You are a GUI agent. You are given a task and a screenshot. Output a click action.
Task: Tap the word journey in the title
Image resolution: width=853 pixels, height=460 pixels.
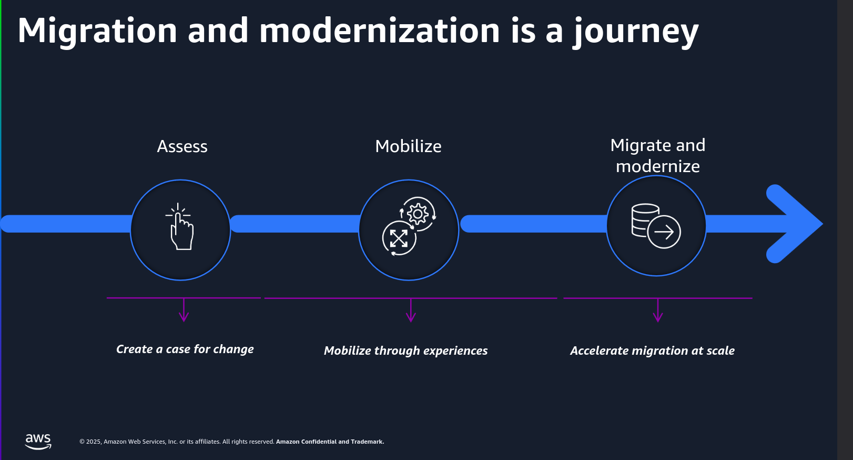click(x=636, y=33)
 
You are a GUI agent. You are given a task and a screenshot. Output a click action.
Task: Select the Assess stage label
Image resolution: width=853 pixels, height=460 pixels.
click(x=182, y=147)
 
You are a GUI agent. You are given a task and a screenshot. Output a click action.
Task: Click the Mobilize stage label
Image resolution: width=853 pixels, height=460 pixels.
click(x=408, y=146)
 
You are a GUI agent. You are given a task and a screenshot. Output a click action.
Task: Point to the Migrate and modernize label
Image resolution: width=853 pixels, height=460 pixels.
click(x=658, y=156)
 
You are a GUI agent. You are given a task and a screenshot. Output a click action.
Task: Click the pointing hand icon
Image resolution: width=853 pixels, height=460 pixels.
click(x=180, y=226)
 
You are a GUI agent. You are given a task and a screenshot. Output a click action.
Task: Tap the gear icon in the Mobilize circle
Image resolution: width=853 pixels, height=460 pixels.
click(x=418, y=214)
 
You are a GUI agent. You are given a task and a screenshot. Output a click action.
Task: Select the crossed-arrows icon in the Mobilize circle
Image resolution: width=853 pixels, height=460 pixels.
click(x=399, y=238)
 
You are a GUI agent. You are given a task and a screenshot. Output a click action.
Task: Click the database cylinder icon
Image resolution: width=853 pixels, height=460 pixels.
click(x=645, y=221)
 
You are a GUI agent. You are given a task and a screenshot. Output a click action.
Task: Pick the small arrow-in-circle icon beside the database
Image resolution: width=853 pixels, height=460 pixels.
click(x=664, y=232)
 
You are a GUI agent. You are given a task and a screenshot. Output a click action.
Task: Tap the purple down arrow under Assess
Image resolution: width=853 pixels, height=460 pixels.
click(x=184, y=310)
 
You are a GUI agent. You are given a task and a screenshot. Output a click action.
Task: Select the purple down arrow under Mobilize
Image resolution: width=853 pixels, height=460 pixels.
click(x=411, y=310)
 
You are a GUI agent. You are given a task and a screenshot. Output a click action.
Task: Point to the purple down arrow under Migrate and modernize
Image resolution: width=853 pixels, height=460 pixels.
click(x=658, y=310)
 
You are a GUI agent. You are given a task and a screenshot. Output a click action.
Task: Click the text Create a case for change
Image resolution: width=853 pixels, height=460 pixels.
click(x=185, y=349)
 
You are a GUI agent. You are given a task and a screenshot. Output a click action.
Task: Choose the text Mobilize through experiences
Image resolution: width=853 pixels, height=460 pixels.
click(x=405, y=351)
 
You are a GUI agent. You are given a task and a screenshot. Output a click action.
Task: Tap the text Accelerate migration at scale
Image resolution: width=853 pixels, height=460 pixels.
click(x=652, y=351)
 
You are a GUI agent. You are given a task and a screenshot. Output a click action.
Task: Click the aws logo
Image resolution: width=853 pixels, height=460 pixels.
click(x=38, y=442)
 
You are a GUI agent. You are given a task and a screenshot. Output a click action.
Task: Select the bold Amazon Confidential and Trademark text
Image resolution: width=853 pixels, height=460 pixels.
click(x=330, y=442)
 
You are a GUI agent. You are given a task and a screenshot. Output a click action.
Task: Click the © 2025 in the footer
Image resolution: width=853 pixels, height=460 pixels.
click(x=90, y=442)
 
